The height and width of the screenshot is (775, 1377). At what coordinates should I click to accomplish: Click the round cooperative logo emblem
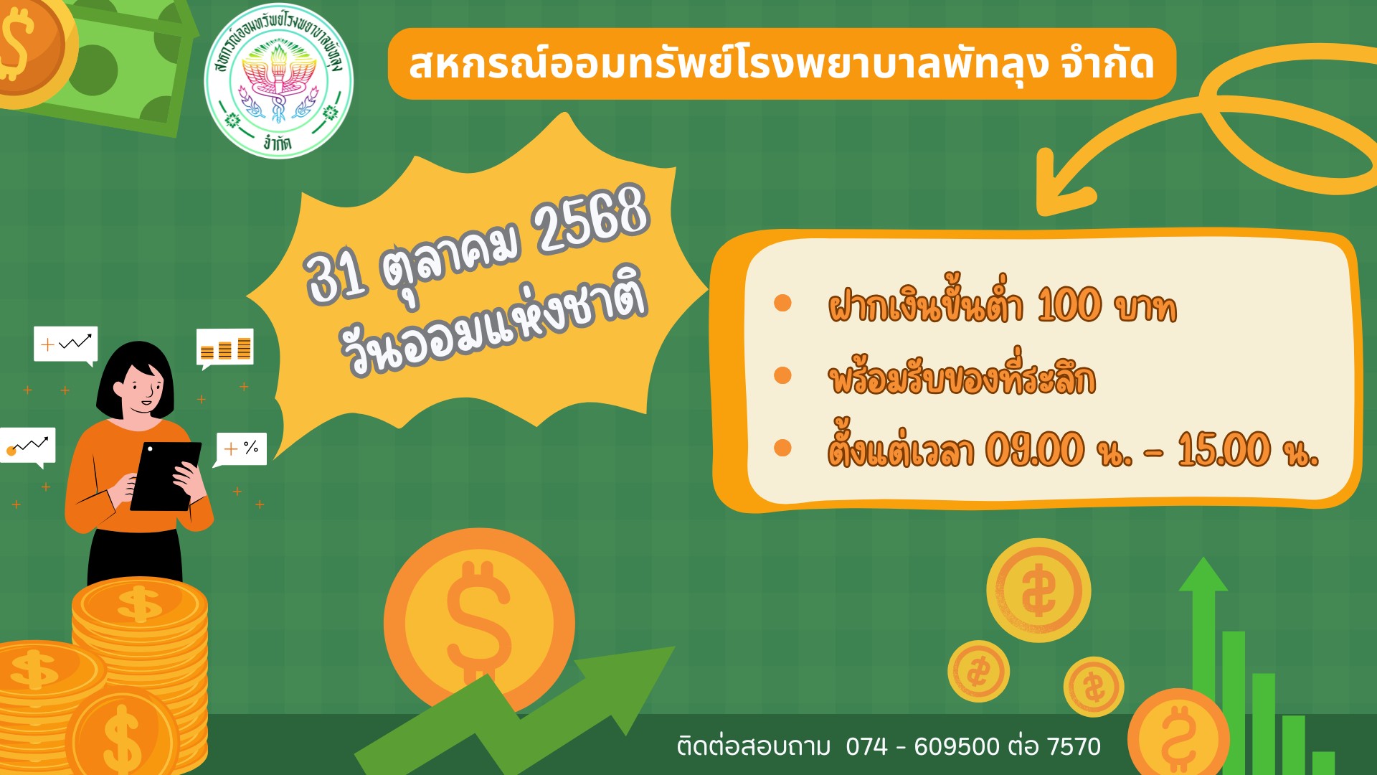(x=278, y=81)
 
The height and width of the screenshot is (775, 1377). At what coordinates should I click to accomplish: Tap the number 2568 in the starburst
(x=592, y=219)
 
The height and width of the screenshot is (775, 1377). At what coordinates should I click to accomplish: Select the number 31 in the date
(x=336, y=276)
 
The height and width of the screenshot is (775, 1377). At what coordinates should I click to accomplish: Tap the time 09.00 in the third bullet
(x=1035, y=450)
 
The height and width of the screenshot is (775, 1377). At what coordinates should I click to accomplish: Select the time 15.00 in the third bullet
(x=1224, y=450)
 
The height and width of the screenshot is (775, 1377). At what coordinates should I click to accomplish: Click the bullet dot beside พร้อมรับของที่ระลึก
(x=782, y=375)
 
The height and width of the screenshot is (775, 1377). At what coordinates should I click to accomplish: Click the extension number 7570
(x=1074, y=746)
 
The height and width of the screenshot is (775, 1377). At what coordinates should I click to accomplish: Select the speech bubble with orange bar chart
(x=224, y=348)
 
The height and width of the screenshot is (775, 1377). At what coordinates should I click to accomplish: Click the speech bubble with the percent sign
(x=241, y=450)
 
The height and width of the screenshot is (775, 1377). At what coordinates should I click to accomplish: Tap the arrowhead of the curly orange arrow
(x=1061, y=183)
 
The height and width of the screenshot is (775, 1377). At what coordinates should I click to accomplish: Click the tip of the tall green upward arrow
(x=1203, y=558)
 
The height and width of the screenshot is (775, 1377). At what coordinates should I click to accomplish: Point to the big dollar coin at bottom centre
(x=479, y=623)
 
